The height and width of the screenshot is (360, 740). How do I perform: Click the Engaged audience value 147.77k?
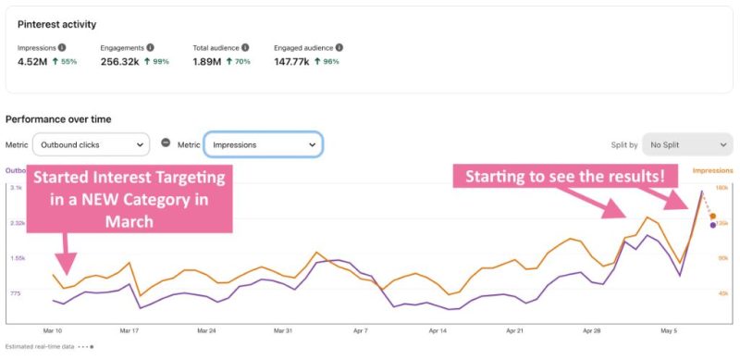coord(294,61)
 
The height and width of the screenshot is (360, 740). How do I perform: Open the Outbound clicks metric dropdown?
coord(91,144)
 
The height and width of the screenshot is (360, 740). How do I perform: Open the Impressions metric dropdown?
coord(263,144)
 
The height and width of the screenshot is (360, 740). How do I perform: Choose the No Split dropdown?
coord(686,144)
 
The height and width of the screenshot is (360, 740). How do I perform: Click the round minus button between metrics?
coord(166,143)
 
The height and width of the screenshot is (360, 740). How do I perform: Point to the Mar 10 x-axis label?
coord(53,329)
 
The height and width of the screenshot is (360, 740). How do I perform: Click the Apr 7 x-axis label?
coord(361,329)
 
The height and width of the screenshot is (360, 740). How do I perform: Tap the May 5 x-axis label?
coord(670,329)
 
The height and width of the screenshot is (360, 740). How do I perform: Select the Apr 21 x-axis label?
coord(515,329)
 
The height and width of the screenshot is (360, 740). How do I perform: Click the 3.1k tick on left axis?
coord(16,188)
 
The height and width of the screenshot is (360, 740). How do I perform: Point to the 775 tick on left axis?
coord(16,293)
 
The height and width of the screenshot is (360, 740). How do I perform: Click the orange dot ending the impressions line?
coord(712,216)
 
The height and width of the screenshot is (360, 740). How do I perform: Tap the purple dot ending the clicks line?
coord(712,224)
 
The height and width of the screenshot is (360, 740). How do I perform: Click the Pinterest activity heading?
coord(56,24)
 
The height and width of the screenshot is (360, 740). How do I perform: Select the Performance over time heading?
coord(58,119)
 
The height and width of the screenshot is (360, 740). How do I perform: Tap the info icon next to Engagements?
coord(150,47)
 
